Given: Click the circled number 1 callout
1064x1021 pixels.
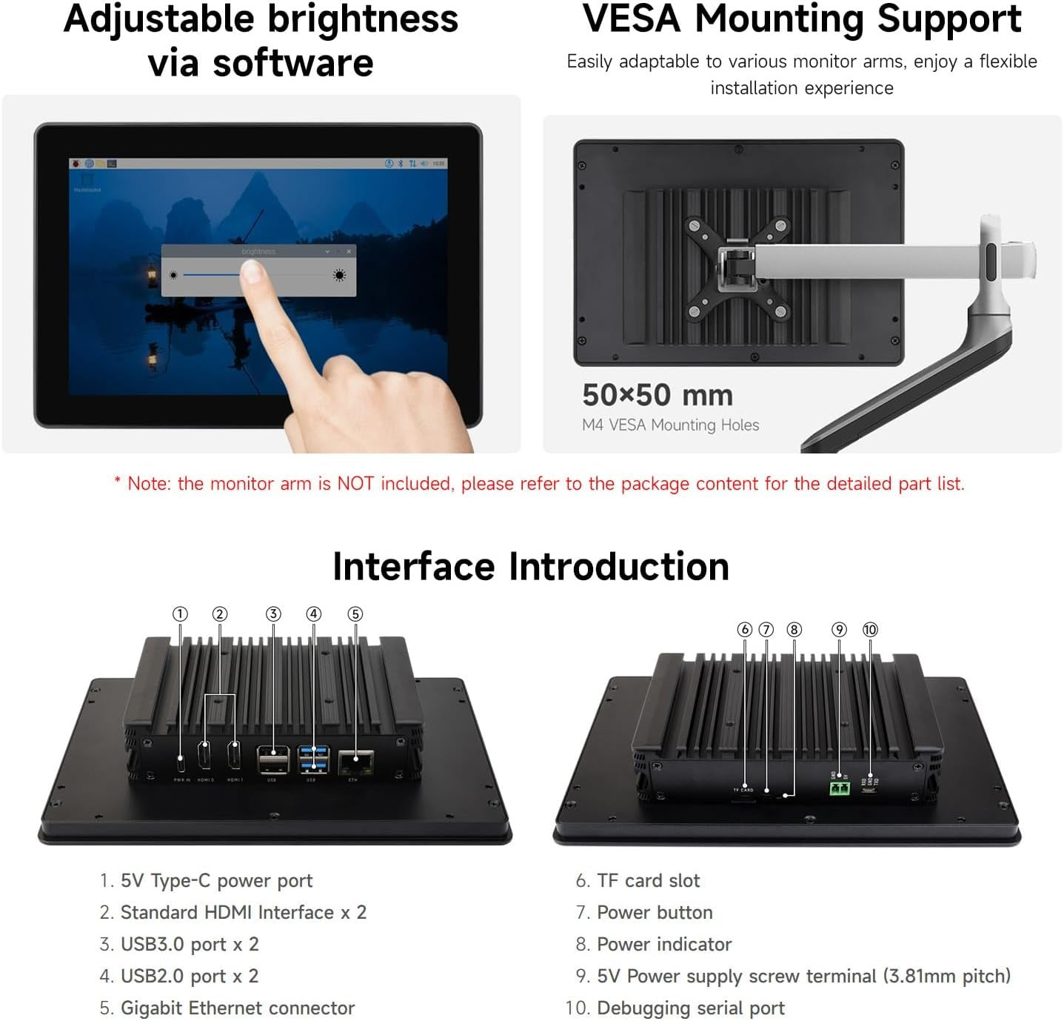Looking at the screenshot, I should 180,613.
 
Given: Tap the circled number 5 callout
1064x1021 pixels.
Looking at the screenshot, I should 355,613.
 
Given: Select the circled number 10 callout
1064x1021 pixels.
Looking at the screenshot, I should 870,629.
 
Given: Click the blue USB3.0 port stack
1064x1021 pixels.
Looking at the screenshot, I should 313,760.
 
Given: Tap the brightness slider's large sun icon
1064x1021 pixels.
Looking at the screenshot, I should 339,276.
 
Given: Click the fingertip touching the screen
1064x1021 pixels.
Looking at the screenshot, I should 254,273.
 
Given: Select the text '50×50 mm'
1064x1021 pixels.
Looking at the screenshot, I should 657,395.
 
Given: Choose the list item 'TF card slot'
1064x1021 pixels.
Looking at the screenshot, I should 648,880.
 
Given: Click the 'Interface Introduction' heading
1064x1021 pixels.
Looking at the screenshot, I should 531,567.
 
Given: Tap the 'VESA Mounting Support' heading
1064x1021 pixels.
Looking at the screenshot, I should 802,19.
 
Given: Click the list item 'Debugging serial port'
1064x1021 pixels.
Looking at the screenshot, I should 690,1008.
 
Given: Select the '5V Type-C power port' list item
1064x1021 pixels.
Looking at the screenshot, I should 216,880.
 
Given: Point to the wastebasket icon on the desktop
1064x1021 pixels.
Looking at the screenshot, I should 88,180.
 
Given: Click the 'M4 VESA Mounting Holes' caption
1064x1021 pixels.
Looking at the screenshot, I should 670,425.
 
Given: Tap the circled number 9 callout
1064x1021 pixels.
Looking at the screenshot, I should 839,629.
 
